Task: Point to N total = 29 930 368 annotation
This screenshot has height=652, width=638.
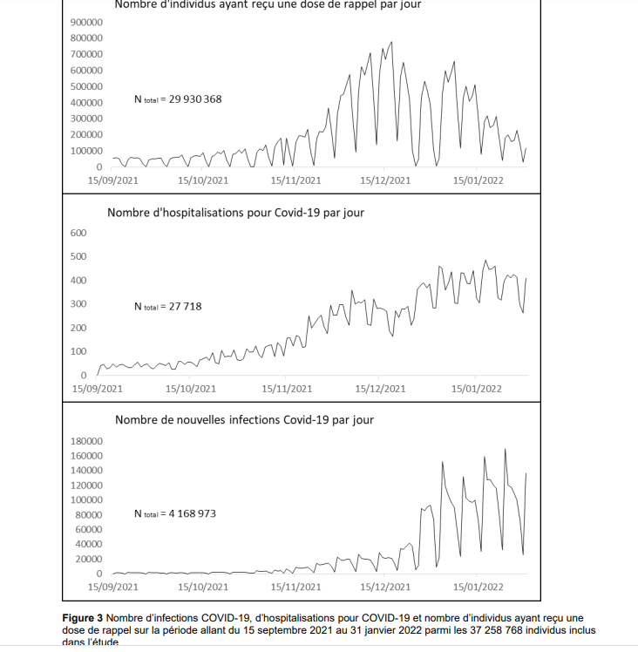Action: pos(178,99)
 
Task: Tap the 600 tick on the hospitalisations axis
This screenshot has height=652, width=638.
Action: pos(78,233)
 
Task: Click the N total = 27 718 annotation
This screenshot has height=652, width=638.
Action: pos(167,307)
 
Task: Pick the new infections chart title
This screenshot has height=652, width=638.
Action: pos(244,419)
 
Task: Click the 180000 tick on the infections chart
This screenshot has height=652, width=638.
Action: pos(86,441)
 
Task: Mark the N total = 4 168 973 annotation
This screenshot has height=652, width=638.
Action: pos(175,514)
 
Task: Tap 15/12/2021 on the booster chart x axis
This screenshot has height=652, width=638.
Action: pos(385,180)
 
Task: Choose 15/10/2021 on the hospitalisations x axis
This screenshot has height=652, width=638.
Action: pos(191,389)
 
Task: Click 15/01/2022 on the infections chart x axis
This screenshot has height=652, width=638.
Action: pos(477,587)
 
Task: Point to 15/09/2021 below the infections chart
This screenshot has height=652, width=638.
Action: pos(113,587)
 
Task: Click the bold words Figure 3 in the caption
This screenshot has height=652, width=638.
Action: pos(82,618)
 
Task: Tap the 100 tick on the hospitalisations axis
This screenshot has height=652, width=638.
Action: pos(78,351)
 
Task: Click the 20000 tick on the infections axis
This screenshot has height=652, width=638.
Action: pos(89,559)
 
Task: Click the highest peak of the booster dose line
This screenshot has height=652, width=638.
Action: pos(391,42)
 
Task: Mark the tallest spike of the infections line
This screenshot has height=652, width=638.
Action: pos(506,450)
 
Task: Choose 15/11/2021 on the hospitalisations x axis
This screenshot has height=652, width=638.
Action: pos(287,389)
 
